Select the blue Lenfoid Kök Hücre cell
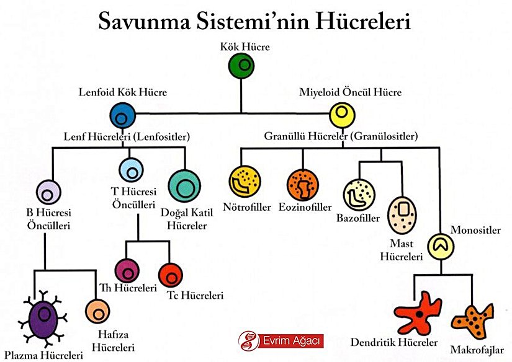point(122,115)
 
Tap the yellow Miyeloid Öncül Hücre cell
point(341,114)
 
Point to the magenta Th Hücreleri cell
point(128,270)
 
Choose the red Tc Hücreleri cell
point(170,274)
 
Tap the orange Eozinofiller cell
point(302,184)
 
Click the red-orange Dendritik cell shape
point(420,312)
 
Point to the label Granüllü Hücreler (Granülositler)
point(340,136)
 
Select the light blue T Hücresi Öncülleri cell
point(132,169)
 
